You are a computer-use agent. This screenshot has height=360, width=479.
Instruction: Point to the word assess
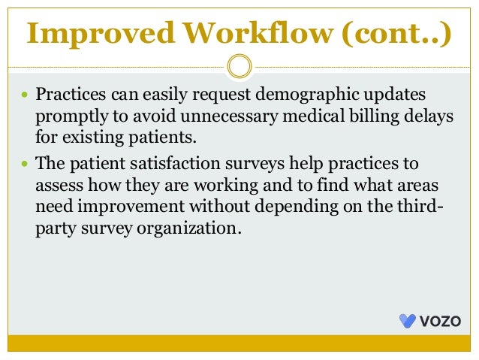click(x=59, y=185)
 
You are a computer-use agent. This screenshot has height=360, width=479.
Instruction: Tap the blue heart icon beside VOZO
click(x=407, y=321)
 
